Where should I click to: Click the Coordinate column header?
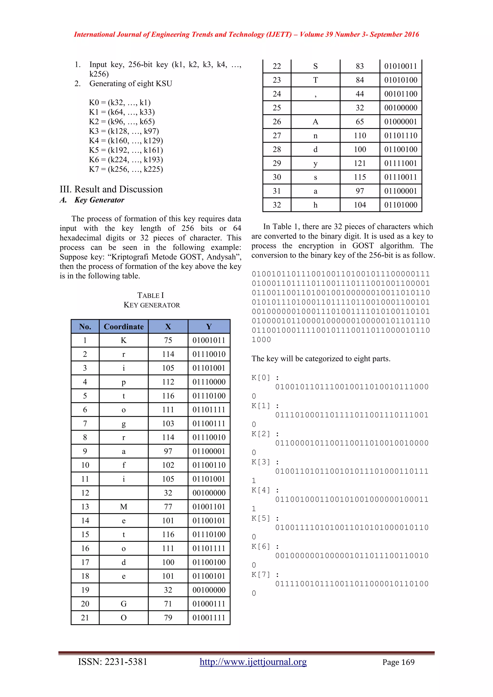tap(123, 327)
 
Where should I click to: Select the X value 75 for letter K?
tap(168, 340)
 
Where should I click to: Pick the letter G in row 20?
tap(123, 604)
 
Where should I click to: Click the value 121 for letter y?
tap(360, 163)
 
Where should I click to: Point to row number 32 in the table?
tap(277, 205)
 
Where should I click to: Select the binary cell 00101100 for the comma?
tap(401, 94)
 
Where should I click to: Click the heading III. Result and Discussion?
tap(111, 189)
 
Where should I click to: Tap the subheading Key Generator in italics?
tap(99, 200)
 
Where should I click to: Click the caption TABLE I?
tap(150, 295)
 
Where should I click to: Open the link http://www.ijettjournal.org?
tap(253, 662)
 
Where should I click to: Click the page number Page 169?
tap(398, 662)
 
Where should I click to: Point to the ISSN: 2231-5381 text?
tap(113, 662)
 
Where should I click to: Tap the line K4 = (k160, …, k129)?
tap(126, 141)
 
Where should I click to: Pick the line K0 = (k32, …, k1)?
tap(120, 103)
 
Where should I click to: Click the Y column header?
tap(209, 327)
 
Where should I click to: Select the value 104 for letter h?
tap(360, 205)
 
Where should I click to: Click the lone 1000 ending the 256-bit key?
tap(261, 340)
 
